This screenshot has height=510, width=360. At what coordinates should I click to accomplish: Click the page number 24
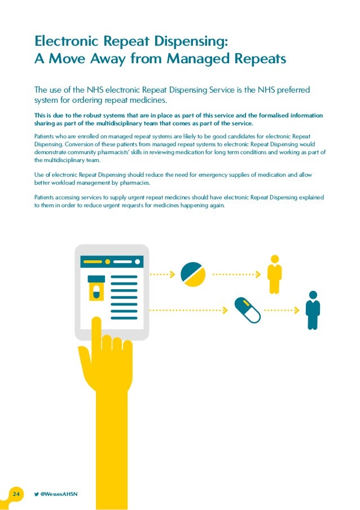point(16,494)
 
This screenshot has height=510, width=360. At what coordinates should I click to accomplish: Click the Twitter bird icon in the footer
point(37,494)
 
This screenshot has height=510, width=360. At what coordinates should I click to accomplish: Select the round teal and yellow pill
point(192,274)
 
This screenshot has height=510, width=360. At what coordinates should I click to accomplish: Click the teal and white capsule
point(247,310)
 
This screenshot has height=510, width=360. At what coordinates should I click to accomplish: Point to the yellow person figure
point(274,274)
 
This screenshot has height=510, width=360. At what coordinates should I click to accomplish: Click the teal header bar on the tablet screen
point(112,261)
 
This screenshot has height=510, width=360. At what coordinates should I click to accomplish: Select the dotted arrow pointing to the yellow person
point(237,274)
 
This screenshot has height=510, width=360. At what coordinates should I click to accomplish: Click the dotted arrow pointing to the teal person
point(283,310)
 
